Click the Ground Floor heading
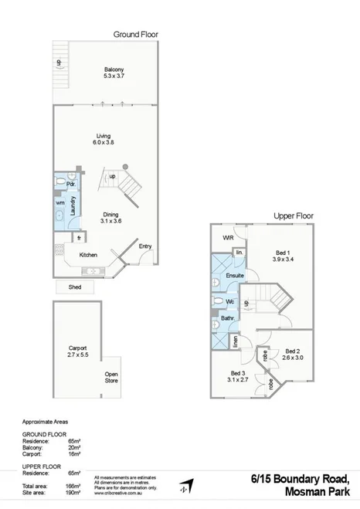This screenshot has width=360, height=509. tap(136, 35)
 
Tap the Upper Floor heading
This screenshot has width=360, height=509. tap(294, 215)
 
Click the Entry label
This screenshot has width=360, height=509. tap(144, 246)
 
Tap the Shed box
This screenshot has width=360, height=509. tap(75, 287)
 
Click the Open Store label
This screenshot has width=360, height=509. tap(111, 378)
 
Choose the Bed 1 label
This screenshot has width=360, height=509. tap(282, 256)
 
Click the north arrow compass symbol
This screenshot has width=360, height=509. tap(184, 485)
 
